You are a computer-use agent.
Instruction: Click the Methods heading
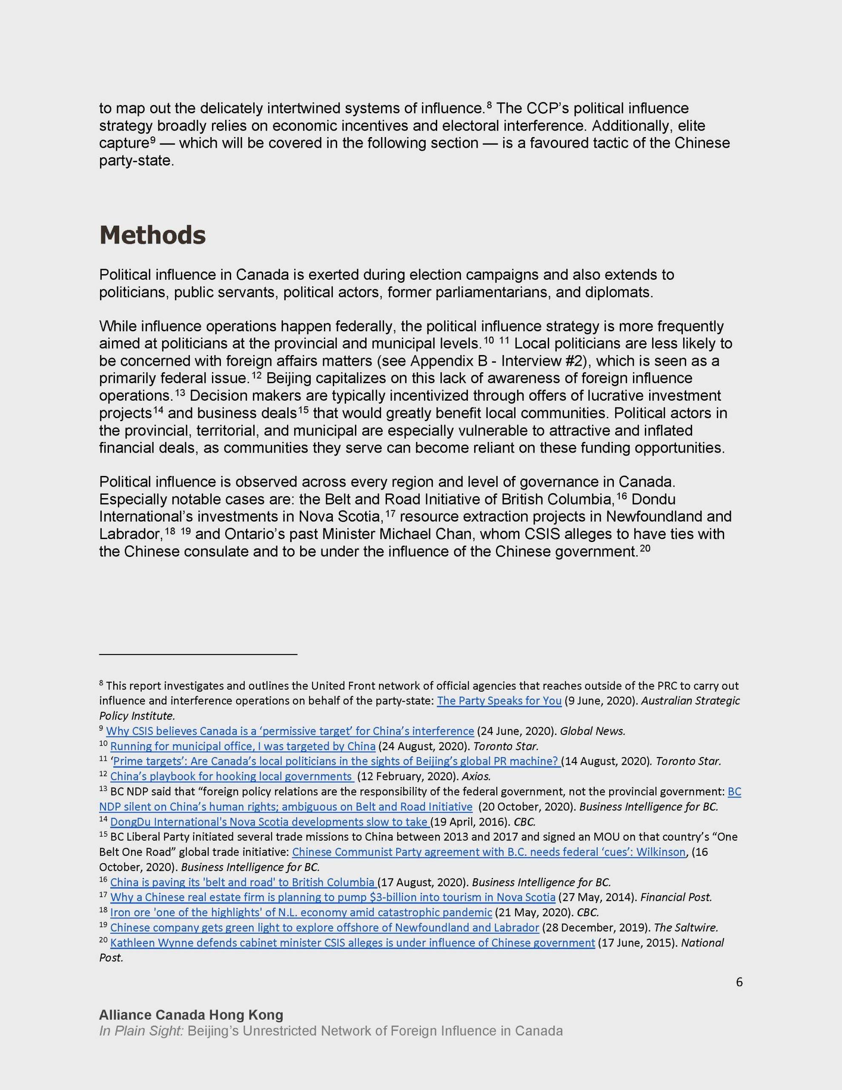click(x=153, y=235)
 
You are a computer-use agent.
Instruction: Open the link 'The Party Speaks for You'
click(x=499, y=700)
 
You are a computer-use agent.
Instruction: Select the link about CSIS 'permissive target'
click(x=290, y=731)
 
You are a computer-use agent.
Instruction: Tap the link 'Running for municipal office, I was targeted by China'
click(x=243, y=746)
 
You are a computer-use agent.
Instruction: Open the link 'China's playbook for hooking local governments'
click(x=231, y=776)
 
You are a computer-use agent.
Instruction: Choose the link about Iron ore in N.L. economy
click(x=301, y=912)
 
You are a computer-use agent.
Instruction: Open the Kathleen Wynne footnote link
click(x=352, y=943)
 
